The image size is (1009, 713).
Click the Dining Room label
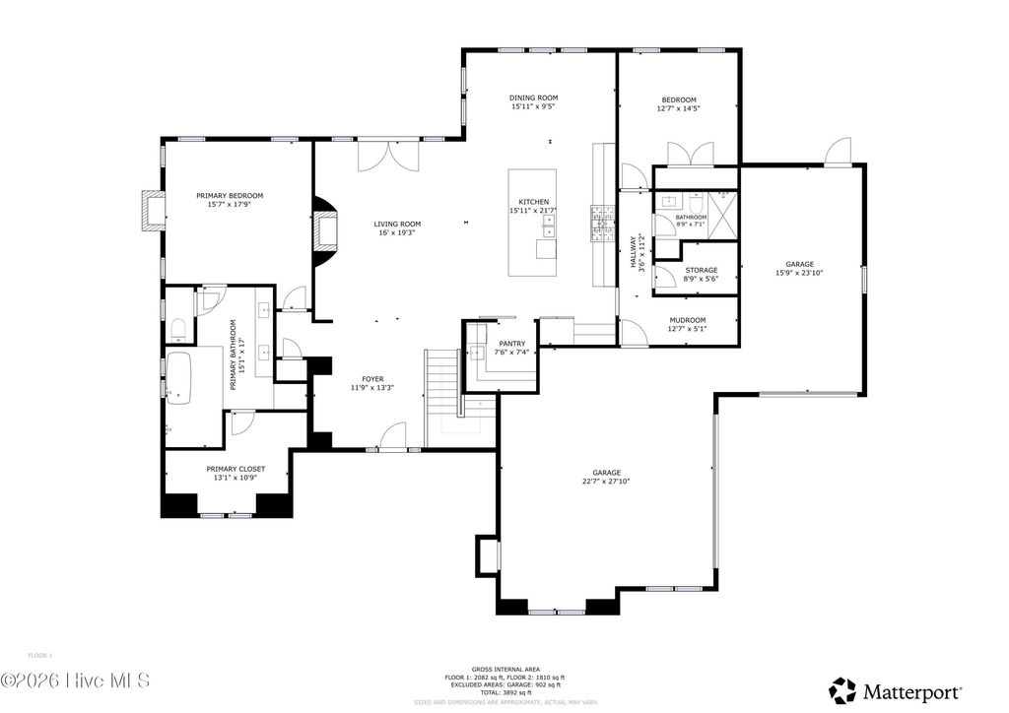click(x=533, y=97)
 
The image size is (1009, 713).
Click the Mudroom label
click(x=687, y=320)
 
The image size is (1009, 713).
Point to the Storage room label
click(x=701, y=270)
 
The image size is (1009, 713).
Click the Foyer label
click(x=372, y=379)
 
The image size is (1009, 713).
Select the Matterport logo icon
click(x=841, y=688)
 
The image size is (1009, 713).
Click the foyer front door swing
click(x=393, y=435)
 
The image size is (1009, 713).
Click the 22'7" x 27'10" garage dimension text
click(x=605, y=482)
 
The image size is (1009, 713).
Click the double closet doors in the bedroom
click(x=689, y=155)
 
